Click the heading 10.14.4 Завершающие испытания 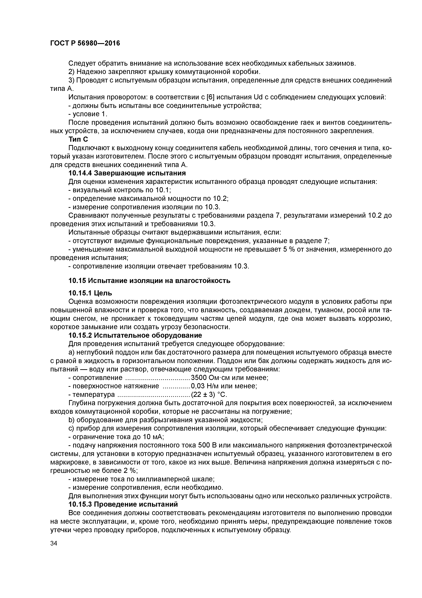tap(127, 173)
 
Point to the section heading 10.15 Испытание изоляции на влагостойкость tap(149, 281)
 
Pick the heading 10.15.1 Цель tap(90, 293)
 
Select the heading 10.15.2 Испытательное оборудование tap(135, 335)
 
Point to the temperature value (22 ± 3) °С tap(209, 395)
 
